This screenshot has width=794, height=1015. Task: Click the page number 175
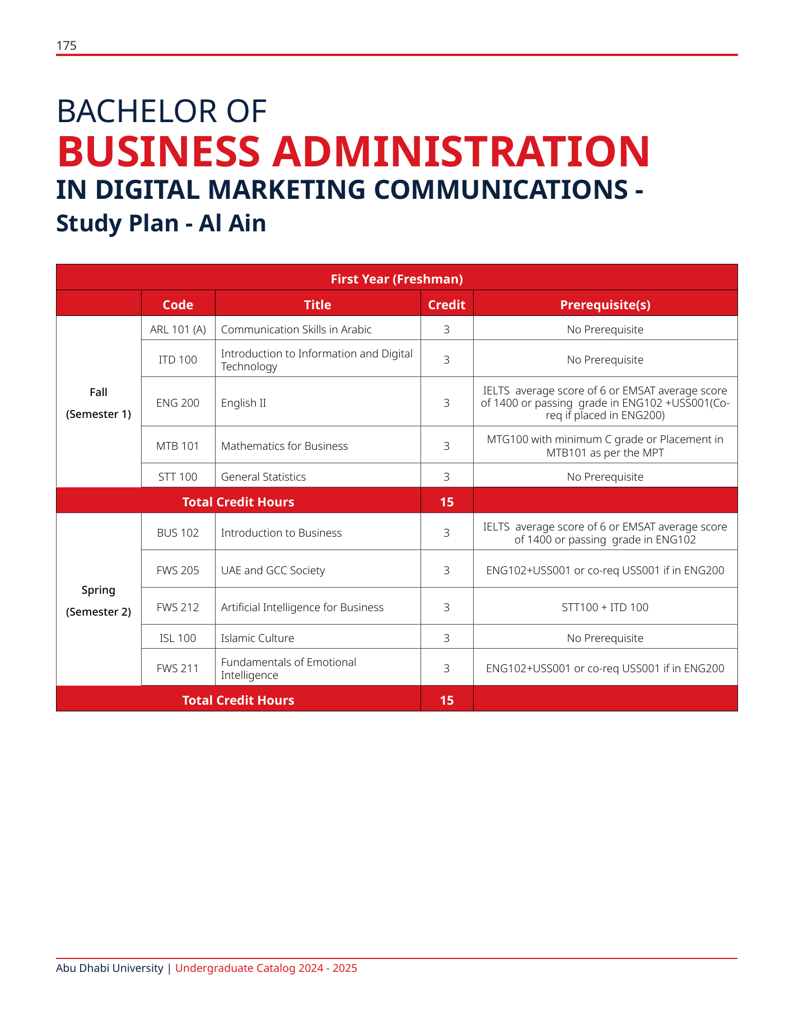point(66,46)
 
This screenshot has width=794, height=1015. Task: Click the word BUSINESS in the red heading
point(158,152)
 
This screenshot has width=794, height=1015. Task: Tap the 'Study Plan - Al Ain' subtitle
point(161,224)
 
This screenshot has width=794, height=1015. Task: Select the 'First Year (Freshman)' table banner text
point(396,279)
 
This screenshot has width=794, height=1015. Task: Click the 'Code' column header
point(178,305)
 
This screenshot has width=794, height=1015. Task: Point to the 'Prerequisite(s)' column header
point(605,305)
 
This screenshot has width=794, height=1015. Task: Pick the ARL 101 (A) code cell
point(178,329)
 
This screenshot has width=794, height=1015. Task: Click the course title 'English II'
point(244,403)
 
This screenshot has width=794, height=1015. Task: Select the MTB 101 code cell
point(178,446)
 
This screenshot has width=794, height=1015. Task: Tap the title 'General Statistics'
point(263,477)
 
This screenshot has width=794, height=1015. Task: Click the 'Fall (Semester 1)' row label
point(99,403)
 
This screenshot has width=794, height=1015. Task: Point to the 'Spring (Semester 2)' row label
point(99,600)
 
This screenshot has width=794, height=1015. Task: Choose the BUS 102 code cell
point(178,533)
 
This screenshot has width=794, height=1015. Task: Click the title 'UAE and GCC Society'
point(273,570)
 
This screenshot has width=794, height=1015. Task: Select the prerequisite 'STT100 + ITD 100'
point(605,607)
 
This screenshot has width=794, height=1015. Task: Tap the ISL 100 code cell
point(178,638)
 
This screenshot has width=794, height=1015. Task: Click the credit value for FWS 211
point(446,668)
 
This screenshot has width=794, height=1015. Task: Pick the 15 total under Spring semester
point(446,700)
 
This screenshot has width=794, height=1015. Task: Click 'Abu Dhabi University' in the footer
point(110,968)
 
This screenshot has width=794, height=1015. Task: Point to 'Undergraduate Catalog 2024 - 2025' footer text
point(266,968)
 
